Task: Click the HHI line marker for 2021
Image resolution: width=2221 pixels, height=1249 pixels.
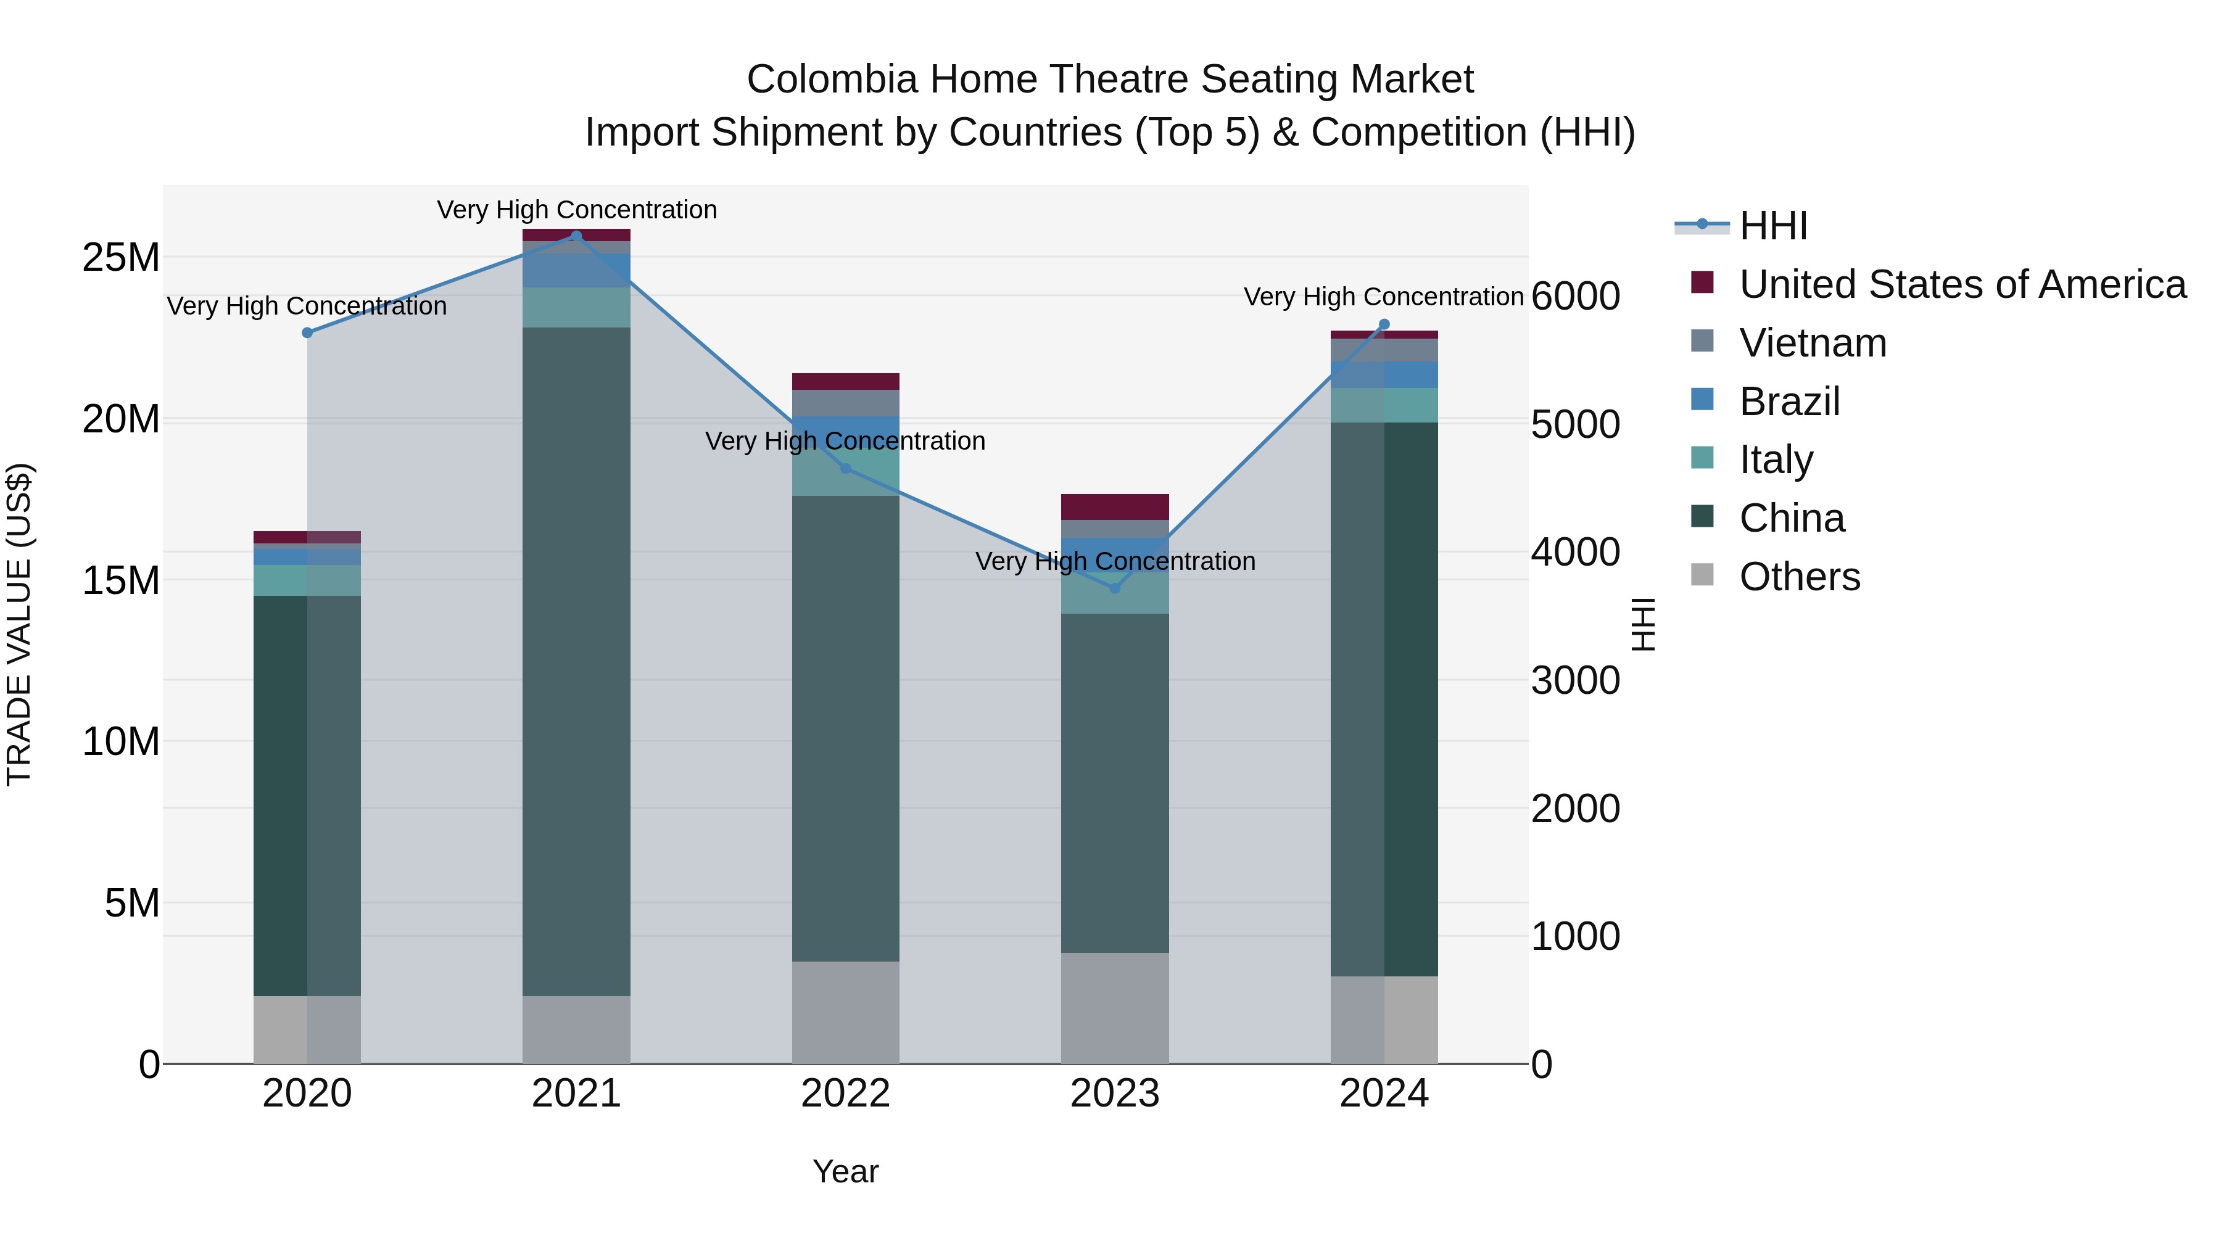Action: coord(577,236)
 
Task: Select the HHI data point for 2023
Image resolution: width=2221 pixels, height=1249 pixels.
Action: coord(1115,588)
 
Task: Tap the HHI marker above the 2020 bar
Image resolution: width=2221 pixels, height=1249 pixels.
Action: coord(307,332)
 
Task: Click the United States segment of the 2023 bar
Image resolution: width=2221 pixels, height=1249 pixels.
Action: coord(1115,507)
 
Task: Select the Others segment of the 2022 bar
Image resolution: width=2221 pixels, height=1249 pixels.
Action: coord(845,1012)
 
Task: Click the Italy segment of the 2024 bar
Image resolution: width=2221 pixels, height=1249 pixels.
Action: coord(1384,405)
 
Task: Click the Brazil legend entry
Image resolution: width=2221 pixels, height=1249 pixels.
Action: coord(1789,402)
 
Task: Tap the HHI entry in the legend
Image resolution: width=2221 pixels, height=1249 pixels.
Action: coord(1772,226)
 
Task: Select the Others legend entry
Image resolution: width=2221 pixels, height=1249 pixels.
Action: coord(1798,577)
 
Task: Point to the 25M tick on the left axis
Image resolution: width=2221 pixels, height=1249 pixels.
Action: coord(121,258)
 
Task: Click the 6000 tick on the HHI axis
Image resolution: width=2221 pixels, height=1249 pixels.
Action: coord(1575,297)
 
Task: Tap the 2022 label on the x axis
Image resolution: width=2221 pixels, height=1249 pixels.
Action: coord(845,1094)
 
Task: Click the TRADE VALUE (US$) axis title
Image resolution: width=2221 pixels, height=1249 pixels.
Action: coord(19,624)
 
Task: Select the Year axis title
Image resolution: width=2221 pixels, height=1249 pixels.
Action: coord(845,1171)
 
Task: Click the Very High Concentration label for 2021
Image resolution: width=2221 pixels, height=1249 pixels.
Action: coord(577,210)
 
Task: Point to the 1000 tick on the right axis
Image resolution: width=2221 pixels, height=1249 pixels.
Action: coord(1575,937)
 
